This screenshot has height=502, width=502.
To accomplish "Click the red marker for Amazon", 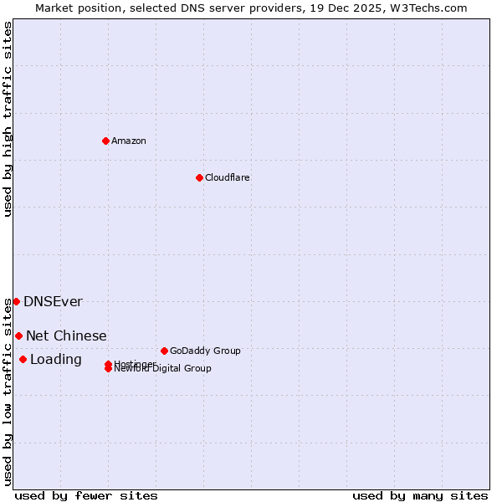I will (105, 141).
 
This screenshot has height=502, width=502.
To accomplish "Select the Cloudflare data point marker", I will (199, 177).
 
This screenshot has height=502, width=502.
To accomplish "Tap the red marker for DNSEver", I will (16, 301).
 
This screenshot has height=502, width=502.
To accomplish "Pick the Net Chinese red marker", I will (18, 336).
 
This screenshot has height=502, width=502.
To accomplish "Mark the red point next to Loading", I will (23, 360).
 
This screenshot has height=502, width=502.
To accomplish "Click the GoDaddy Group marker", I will (164, 351).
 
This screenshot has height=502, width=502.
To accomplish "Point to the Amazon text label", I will (129, 141).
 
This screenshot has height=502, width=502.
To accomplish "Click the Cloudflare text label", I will (227, 177).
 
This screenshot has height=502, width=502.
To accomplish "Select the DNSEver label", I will (53, 301).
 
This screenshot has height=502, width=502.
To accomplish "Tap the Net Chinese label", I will (66, 336).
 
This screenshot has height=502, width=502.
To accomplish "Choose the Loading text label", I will (55, 360).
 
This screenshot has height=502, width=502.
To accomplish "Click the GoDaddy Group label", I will (205, 351).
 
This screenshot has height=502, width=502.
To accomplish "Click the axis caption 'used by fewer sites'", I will (86, 495).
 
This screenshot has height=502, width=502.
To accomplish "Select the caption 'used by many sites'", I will (420, 495).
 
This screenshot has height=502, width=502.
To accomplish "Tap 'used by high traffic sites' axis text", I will (8, 119).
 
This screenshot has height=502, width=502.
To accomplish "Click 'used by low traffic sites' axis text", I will (8, 392).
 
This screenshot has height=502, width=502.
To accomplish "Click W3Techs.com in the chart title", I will (429, 8).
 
